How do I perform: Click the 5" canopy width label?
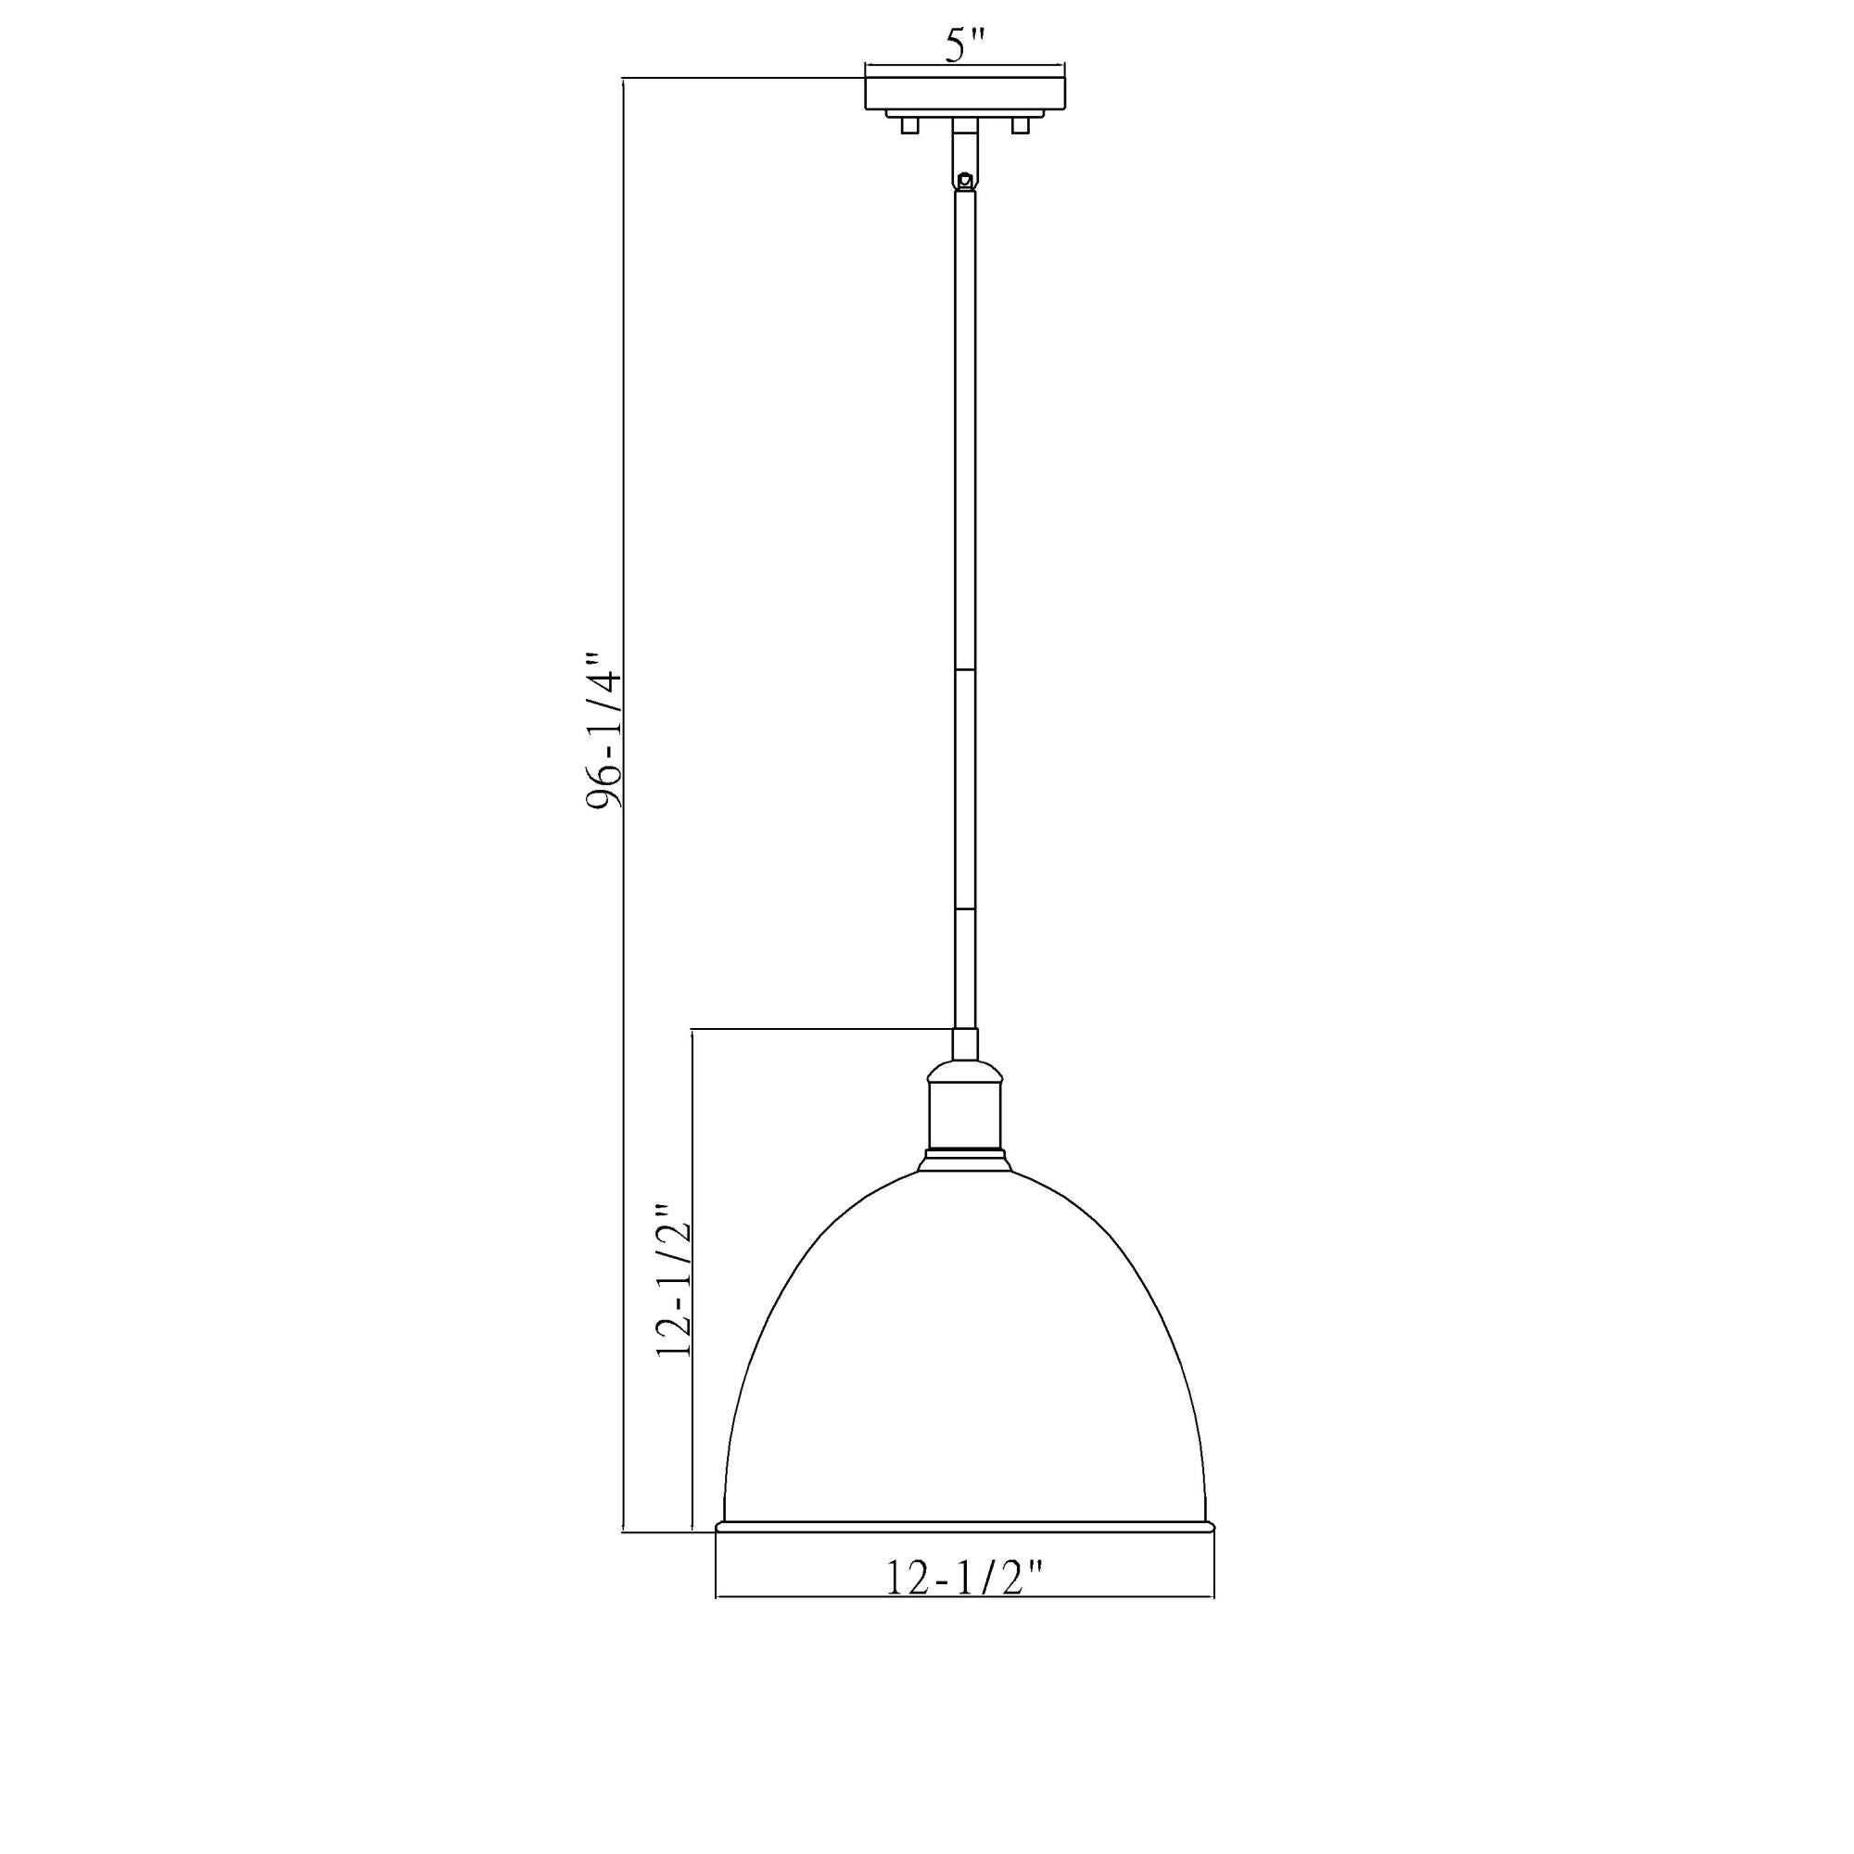point(965,46)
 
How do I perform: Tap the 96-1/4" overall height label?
point(604,731)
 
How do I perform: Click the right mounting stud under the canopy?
point(1021,125)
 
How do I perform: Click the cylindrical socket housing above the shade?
point(965,1111)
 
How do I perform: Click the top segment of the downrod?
point(965,432)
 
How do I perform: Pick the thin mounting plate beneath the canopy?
point(965,114)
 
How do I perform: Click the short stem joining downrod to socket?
point(965,1044)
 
